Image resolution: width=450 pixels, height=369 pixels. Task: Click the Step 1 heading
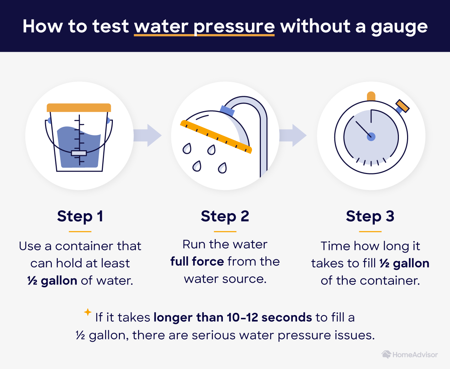tap(80, 217)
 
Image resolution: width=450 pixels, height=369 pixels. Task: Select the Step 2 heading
tap(225, 217)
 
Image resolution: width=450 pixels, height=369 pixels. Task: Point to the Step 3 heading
tap(370, 217)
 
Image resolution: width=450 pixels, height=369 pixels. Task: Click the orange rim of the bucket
tap(79, 108)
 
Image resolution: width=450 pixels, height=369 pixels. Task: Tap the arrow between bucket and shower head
tap(147, 135)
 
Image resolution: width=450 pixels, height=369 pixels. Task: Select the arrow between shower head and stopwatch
tap(293, 135)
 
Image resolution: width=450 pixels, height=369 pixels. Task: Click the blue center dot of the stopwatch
tap(371, 137)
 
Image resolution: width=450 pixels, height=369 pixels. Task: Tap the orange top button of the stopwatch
tap(371, 96)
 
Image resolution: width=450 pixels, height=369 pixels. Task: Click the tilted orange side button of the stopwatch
tap(402, 106)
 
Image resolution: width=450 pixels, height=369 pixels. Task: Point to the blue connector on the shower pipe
tap(227, 110)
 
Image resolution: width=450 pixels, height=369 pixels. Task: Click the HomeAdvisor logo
tap(410, 355)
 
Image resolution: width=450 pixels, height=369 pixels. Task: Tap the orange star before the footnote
tap(88, 312)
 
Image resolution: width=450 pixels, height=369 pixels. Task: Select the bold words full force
tap(197, 261)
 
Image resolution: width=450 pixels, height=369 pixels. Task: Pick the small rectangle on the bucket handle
tap(79, 153)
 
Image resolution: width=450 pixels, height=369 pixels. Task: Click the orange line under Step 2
tap(225, 232)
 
